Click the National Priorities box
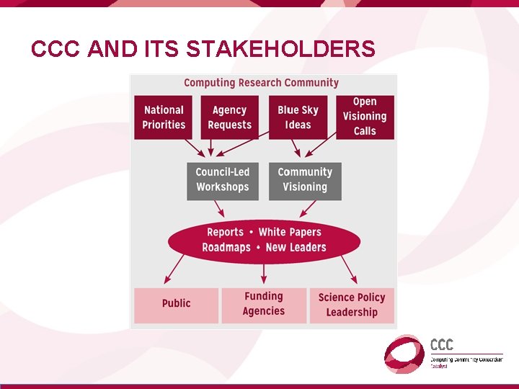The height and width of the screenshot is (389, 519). click(164, 117)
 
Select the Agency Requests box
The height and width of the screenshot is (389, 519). click(229, 117)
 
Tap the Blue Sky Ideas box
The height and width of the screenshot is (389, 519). click(298, 117)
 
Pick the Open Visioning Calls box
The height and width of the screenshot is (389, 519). click(365, 117)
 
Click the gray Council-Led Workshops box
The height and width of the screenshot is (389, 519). click(222, 180)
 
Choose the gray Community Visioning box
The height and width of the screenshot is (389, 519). click(305, 180)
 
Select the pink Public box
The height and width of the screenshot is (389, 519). click(176, 305)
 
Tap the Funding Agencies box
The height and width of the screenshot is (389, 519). click(264, 305)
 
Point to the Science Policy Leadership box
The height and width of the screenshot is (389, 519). click(352, 305)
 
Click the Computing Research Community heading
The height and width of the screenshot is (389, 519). click(261, 83)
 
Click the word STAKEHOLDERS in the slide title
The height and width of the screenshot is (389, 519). click(280, 49)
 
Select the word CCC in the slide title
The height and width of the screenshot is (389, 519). click(56, 49)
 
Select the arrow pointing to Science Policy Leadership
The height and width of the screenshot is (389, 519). click(349, 269)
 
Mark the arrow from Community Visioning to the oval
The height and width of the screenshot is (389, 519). click(308, 209)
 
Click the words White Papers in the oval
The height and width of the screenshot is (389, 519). click(290, 232)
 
